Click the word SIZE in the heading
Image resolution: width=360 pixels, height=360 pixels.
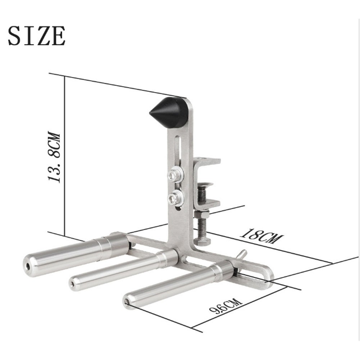(x=37, y=36)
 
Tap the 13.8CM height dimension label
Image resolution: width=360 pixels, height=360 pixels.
(x=54, y=157)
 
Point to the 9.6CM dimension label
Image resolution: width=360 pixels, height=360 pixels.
(x=226, y=305)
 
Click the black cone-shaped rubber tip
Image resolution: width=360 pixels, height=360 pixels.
(x=169, y=113)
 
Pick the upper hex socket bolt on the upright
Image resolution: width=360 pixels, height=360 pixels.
(x=176, y=175)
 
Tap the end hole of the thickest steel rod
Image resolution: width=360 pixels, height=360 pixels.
(x=28, y=266)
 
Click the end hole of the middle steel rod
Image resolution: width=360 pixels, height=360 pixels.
(x=73, y=284)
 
